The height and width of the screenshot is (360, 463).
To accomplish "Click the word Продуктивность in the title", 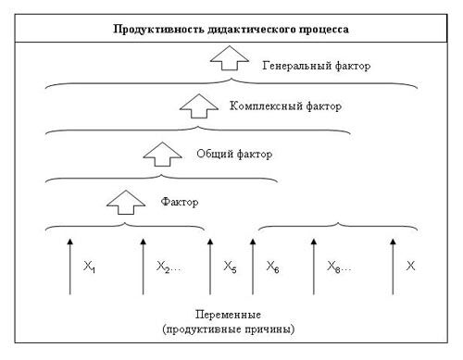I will (148, 30).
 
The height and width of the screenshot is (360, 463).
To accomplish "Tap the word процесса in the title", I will (319, 30).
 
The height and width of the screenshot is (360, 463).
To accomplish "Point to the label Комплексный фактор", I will (285, 106).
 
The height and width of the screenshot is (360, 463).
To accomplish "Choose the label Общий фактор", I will (235, 154).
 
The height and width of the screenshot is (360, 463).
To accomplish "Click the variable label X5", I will (231, 268).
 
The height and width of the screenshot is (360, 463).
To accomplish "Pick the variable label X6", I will (273, 268).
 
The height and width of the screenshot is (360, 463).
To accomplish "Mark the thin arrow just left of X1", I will (69, 267).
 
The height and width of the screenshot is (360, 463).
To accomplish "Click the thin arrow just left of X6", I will (253, 267).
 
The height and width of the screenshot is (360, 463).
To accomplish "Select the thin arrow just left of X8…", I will (313, 267).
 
